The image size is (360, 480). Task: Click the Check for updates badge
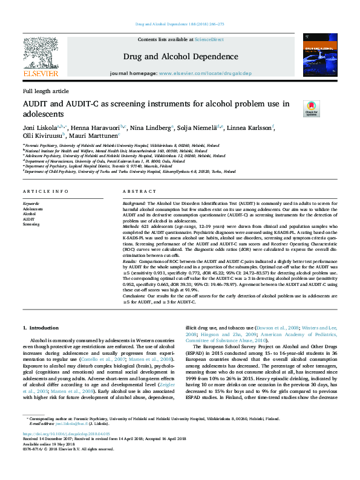[x=311, y=109]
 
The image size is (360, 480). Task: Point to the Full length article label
[x=46, y=91]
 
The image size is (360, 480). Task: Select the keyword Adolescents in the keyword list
[x=33, y=209]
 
